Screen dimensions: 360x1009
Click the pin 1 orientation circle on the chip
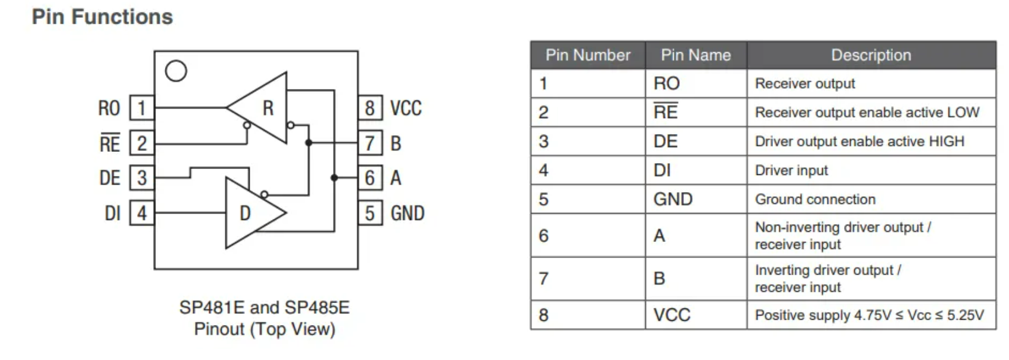coord(176,71)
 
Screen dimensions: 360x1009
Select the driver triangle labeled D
coord(249,213)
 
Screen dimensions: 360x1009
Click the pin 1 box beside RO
coord(142,108)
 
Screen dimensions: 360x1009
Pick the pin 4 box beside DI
coord(142,213)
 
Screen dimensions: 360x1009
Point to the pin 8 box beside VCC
coord(370,108)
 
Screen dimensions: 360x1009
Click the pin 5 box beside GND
coord(370,213)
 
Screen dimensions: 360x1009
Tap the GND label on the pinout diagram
coord(408,213)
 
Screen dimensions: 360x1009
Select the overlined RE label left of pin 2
coord(110,143)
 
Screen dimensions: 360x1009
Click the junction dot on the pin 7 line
coord(308,143)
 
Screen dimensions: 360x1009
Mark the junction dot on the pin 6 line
coord(334,177)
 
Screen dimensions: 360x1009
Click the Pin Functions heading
coord(102,17)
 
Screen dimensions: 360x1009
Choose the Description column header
coord(871,55)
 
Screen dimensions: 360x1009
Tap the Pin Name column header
coord(696,55)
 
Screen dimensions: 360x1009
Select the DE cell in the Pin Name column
coord(666,141)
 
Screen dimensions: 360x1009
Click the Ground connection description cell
coord(815,199)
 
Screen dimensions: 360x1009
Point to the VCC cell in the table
coord(672,315)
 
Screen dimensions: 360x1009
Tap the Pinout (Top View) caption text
coord(265,329)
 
